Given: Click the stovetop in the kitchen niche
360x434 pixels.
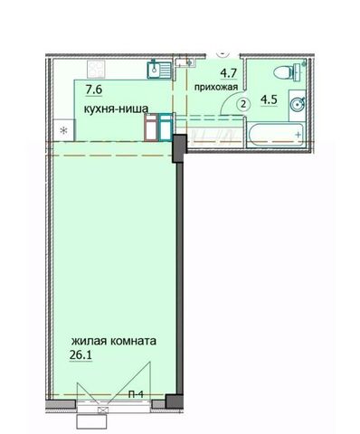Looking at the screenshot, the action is (x=96, y=69).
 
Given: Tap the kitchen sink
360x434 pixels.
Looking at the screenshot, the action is (x=158, y=69).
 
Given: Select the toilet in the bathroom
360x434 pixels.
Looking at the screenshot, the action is (x=287, y=72).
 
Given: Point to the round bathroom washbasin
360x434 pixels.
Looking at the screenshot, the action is (x=297, y=105).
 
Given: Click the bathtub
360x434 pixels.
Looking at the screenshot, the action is (x=276, y=135).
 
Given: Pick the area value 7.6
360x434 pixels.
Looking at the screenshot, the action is (x=94, y=90).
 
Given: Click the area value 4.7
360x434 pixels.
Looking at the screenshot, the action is (x=229, y=73).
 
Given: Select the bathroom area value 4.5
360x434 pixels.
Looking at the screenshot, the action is (x=269, y=99).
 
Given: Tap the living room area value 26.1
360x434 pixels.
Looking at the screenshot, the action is (x=81, y=355).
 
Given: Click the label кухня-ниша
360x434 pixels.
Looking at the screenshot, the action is (x=116, y=108).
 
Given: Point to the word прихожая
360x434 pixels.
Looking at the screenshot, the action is (x=216, y=88).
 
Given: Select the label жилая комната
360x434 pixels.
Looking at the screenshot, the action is (x=114, y=342).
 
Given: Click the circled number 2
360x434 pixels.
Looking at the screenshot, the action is (x=243, y=105).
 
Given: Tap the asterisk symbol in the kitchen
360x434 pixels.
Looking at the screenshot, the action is (x=63, y=131).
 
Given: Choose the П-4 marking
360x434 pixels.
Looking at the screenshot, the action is (x=136, y=394).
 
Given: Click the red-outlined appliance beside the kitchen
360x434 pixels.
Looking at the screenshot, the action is (x=151, y=127).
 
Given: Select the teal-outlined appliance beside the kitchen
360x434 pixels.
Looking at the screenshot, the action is (x=166, y=127).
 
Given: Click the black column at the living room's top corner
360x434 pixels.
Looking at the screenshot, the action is (x=180, y=149).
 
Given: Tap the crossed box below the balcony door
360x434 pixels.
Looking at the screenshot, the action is (x=103, y=410).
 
